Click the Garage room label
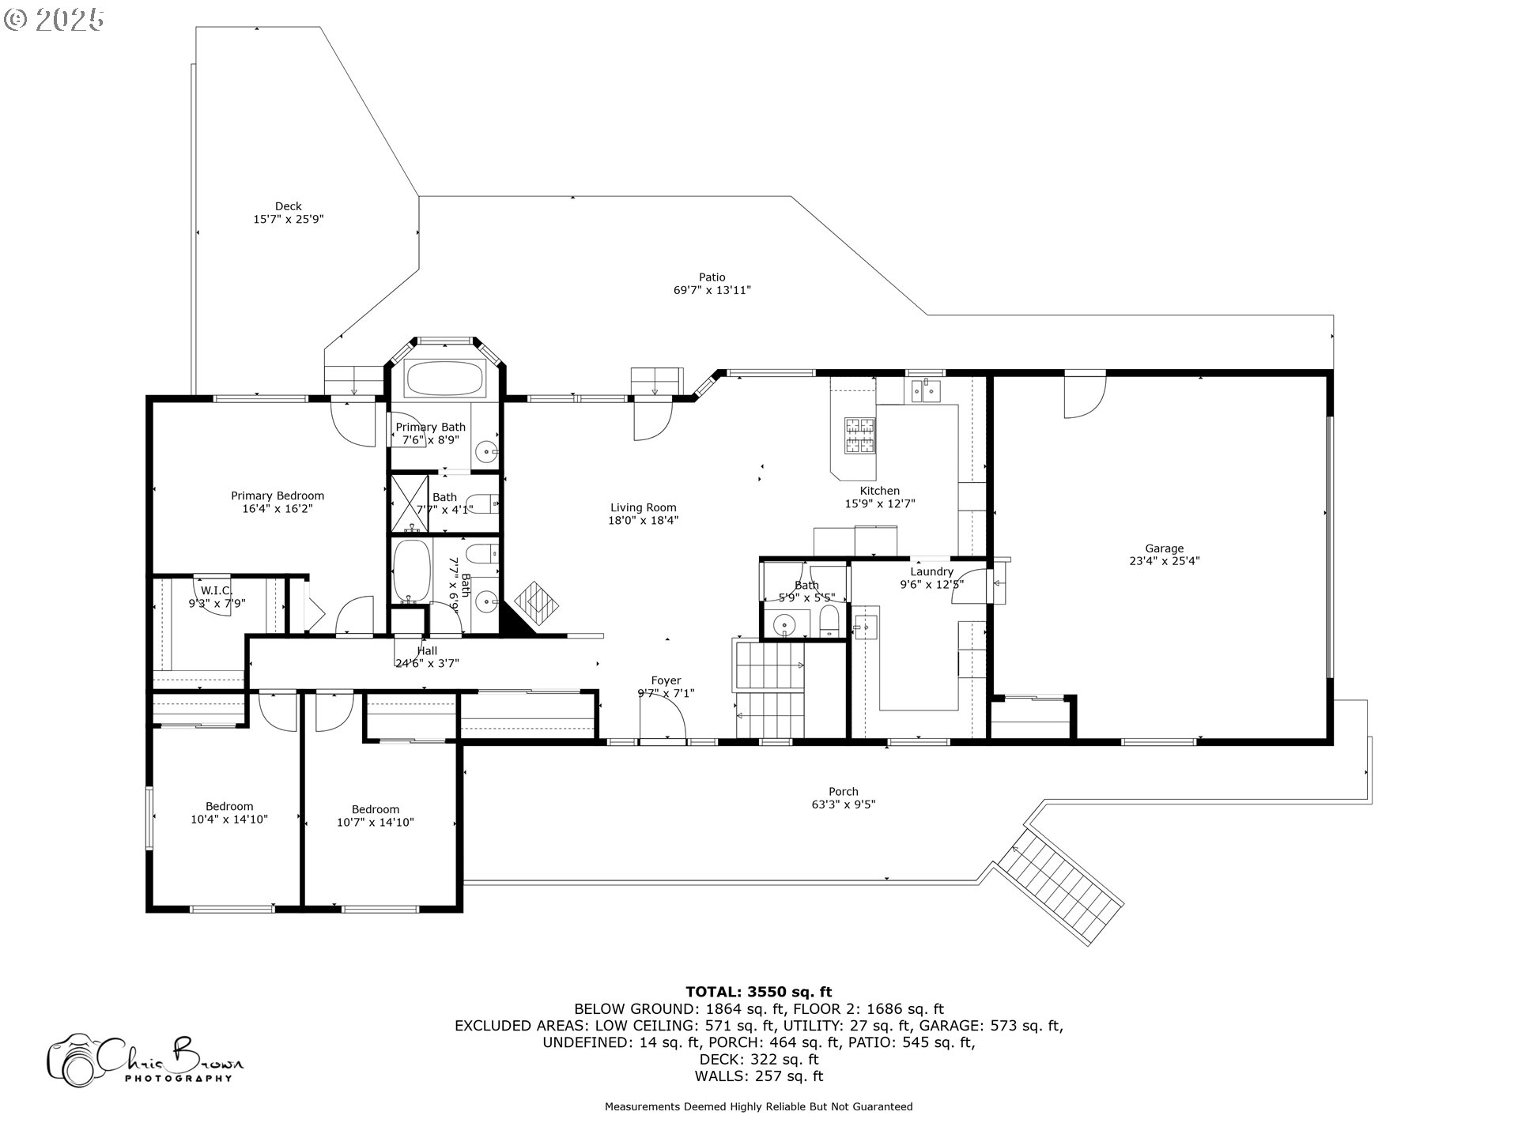click(x=1164, y=548)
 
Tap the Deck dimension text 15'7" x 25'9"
click(x=289, y=220)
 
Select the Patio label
click(x=712, y=277)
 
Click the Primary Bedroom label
click(x=278, y=496)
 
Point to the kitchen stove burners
click(x=860, y=435)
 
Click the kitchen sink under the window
click(x=924, y=390)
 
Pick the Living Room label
click(x=643, y=508)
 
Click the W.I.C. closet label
click(x=216, y=590)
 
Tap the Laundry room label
click(x=931, y=571)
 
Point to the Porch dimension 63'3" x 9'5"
click(x=844, y=805)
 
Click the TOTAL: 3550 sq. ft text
click(x=758, y=992)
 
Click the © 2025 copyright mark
click(x=54, y=19)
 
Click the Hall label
click(x=427, y=651)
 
